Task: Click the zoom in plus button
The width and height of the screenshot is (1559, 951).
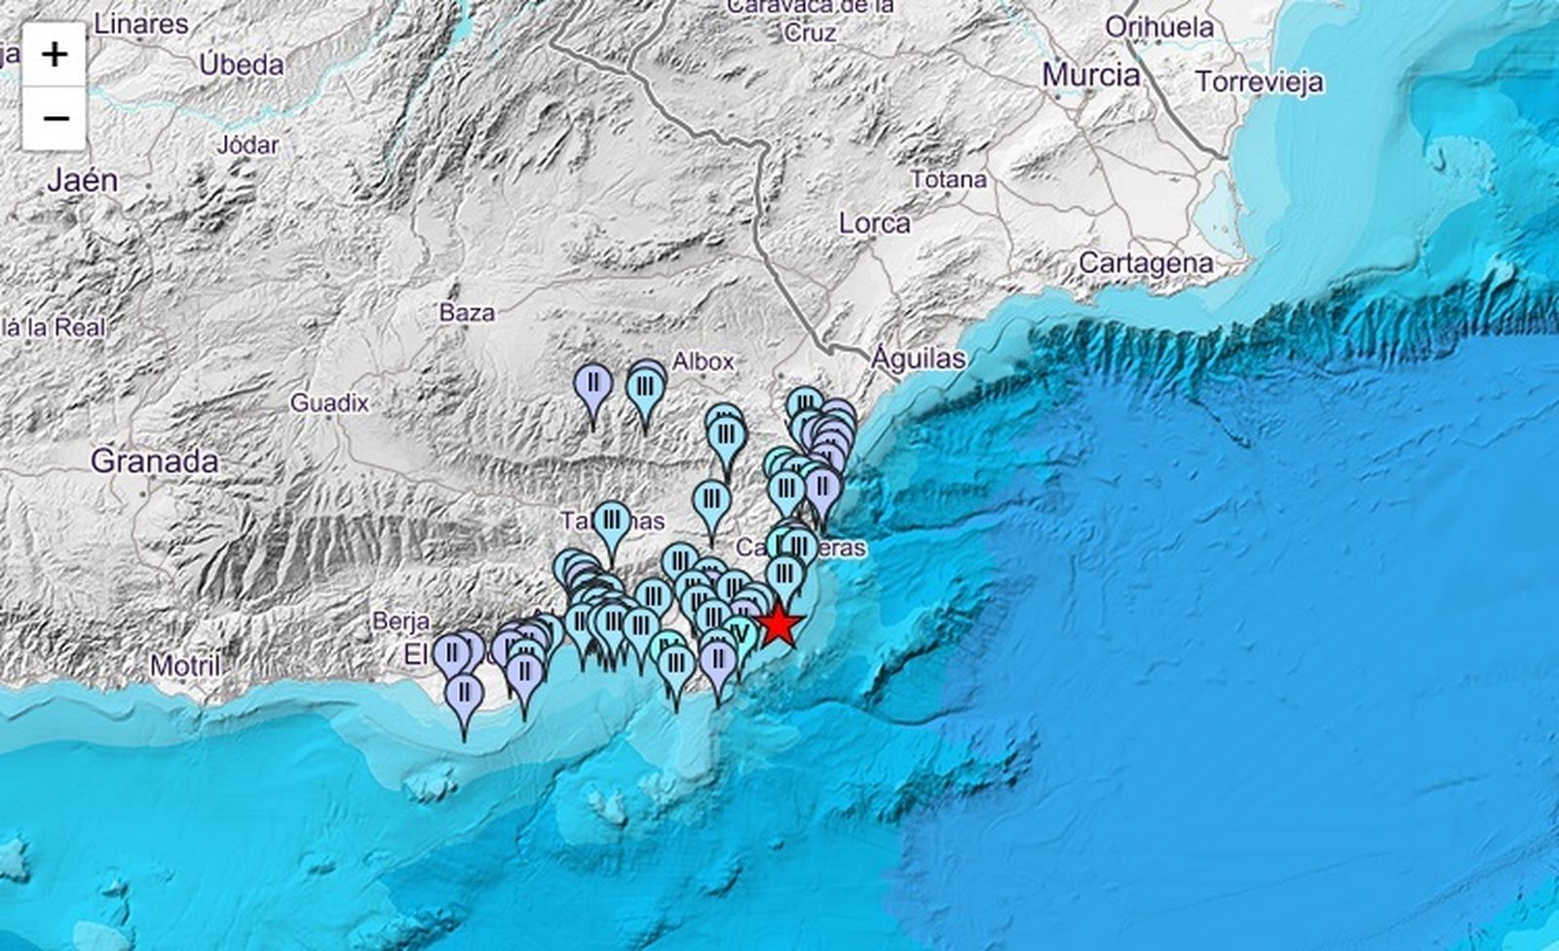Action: coord(55,55)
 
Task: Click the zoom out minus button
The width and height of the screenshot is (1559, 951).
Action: coord(55,118)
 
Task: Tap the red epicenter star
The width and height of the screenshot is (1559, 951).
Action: coord(779,625)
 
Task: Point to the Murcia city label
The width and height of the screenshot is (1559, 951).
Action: coord(1090,75)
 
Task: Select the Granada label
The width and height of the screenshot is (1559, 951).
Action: coord(154,461)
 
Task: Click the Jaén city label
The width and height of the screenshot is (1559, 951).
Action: coord(83,180)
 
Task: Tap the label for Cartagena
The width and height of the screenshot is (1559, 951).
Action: coord(1145,263)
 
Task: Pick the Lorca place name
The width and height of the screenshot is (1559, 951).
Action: coord(874,223)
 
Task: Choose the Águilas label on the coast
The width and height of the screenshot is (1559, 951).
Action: coord(918,359)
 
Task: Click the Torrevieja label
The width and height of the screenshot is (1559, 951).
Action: coord(1259,82)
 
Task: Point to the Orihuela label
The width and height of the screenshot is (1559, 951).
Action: coord(1160,27)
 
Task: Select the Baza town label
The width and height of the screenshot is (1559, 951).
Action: coord(467,313)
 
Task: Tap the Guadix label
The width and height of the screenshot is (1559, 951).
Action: coord(329,402)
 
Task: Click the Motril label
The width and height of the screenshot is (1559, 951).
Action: coord(185,666)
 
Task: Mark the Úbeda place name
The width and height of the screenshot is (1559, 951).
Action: coord(242,65)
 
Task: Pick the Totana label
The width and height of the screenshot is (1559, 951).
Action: coord(948,179)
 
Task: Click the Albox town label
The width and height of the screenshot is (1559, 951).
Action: coord(703,361)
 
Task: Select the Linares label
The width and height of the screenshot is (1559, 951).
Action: coord(142,24)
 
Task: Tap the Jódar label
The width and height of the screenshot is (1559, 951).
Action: coord(247,145)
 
